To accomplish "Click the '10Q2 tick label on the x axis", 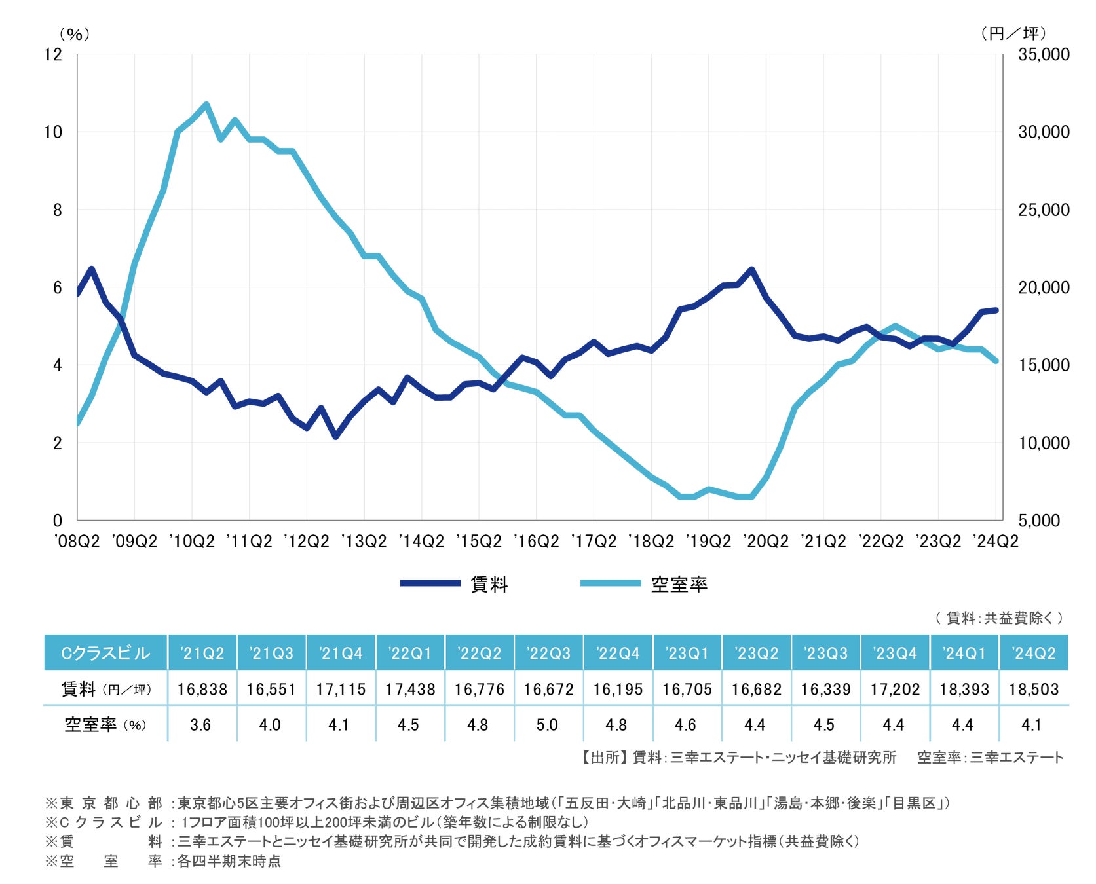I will (x=191, y=542).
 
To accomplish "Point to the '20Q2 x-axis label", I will (x=766, y=542).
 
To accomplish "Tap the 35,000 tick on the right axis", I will (x=1043, y=54).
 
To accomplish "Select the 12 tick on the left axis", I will (x=53, y=54).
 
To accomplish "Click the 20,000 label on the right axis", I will (x=1043, y=287).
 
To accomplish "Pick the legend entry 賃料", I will (x=489, y=584).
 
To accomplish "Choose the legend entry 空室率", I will (x=679, y=584).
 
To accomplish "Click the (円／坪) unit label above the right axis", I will (x=1013, y=33).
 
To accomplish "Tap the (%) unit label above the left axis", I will (x=74, y=34).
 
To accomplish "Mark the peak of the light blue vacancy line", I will (x=206, y=104).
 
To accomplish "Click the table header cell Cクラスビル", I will (x=105, y=653).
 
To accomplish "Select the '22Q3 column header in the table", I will (x=548, y=653).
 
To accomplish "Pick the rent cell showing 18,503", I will (x=1033, y=689).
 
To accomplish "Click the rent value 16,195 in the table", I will (x=618, y=689).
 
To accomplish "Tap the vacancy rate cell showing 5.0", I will (x=547, y=725).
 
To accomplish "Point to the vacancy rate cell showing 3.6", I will (x=200, y=725).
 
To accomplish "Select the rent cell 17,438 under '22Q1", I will (x=410, y=689).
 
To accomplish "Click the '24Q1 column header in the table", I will (x=964, y=653).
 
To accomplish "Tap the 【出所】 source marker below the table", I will (x=602, y=758).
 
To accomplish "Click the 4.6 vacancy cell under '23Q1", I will (x=685, y=725).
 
